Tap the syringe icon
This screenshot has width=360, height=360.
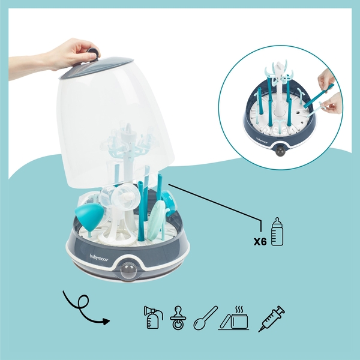(271, 319)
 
